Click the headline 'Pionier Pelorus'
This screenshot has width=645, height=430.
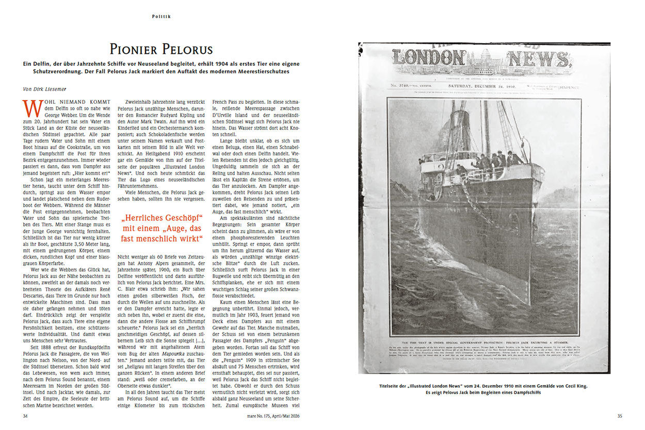[x=161, y=50]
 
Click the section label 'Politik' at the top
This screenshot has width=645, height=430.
[x=161, y=17]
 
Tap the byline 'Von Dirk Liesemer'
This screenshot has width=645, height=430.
[x=48, y=89]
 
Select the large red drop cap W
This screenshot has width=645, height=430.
[x=33, y=109]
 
